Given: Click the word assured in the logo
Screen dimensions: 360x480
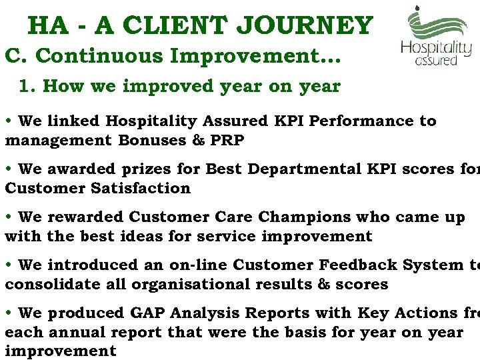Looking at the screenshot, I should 437,61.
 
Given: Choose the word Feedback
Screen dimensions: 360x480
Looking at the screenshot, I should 355,265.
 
